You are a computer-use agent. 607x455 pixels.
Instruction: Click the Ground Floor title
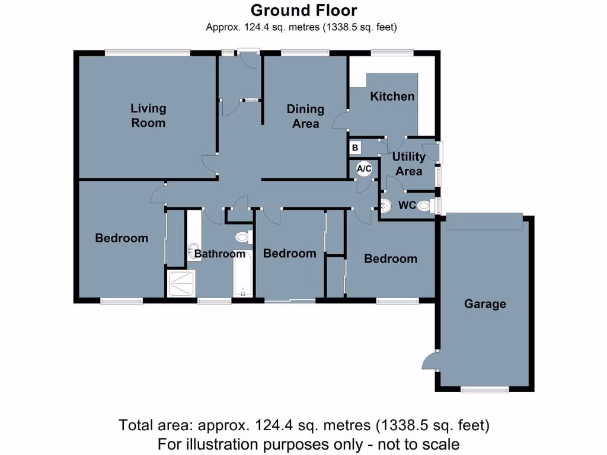click(x=303, y=10)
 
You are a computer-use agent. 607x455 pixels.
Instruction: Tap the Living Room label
click(x=148, y=116)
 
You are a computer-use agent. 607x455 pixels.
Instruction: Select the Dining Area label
click(x=305, y=116)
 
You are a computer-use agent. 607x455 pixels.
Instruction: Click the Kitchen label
click(x=392, y=96)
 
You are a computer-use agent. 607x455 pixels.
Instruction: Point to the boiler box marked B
click(x=355, y=148)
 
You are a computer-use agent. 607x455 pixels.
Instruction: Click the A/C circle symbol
click(x=363, y=169)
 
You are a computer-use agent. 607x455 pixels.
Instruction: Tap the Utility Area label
click(x=409, y=164)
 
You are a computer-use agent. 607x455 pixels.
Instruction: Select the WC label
click(x=407, y=206)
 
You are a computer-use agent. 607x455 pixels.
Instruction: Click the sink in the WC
click(x=386, y=206)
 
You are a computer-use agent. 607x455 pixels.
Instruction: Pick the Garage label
click(x=485, y=304)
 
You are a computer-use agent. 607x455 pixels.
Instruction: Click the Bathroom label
click(x=219, y=254)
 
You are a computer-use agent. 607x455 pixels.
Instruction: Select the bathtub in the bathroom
click(x=243, y=275)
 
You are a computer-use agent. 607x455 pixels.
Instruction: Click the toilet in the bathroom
click(x=242, y=238)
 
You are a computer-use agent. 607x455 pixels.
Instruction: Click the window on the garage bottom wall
click(x=485, y=389)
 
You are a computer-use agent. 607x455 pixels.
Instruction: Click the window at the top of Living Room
click(x=148, y=53)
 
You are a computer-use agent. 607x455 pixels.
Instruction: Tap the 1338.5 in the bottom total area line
click(x=405, y=425)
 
